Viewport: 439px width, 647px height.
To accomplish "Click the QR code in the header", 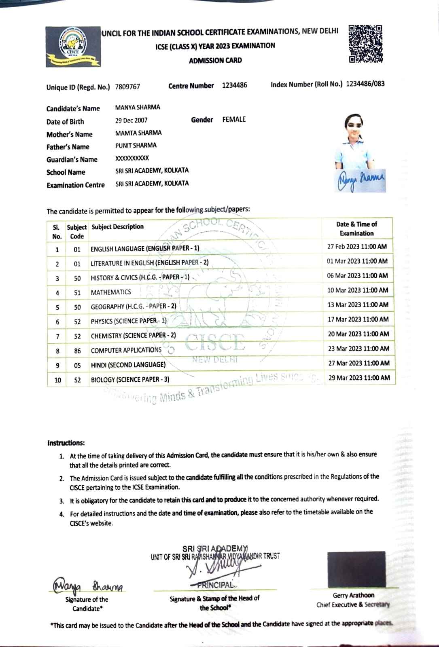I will coord(365,44).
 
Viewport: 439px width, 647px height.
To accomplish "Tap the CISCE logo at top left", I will coord(73,47).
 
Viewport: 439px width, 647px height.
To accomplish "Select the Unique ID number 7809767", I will coord(127,87).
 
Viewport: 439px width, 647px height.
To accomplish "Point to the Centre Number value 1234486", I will coord(234,85).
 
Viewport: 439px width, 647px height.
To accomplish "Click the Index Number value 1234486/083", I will coord(365,84).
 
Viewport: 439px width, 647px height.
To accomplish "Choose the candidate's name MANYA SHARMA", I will coord(138,107).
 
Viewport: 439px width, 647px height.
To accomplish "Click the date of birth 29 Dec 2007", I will coord(131,120).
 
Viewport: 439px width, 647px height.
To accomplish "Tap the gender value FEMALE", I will coord(234,119).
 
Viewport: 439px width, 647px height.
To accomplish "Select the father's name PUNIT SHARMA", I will coord(136,145).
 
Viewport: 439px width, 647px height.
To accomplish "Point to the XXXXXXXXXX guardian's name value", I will coord(132,158).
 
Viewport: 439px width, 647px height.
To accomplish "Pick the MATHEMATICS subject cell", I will coord(111,292).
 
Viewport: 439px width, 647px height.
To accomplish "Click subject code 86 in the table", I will coord(77,351).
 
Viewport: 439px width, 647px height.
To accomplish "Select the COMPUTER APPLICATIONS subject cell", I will coord(126,350).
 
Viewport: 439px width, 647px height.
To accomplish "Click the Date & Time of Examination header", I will coord(356,228).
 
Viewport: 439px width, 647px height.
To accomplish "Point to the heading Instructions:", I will coord(66,443).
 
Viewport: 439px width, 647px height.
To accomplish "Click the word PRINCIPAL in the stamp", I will coord(215,585).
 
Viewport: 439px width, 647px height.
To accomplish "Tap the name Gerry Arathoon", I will coord(353,595).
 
